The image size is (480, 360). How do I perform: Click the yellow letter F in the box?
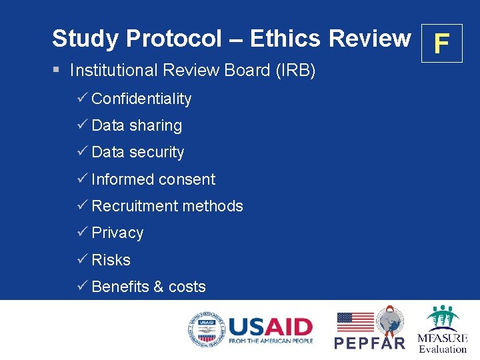[x=441, y=44]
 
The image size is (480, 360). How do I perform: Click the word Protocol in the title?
[x=173, y=39]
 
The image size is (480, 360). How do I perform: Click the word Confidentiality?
[x=141, y=99]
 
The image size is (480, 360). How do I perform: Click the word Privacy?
[x=117, y=233]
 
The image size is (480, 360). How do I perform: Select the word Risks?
[x=111, y=260]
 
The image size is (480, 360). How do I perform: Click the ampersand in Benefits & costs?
[x=158, y=287]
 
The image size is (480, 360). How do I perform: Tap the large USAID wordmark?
[x=270, y=327]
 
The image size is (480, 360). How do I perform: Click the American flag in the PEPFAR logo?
[x=355, y=322]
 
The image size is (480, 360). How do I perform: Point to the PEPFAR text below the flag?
[x=369, y=343]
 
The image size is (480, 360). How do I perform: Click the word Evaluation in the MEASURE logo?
[x=443, y=349]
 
